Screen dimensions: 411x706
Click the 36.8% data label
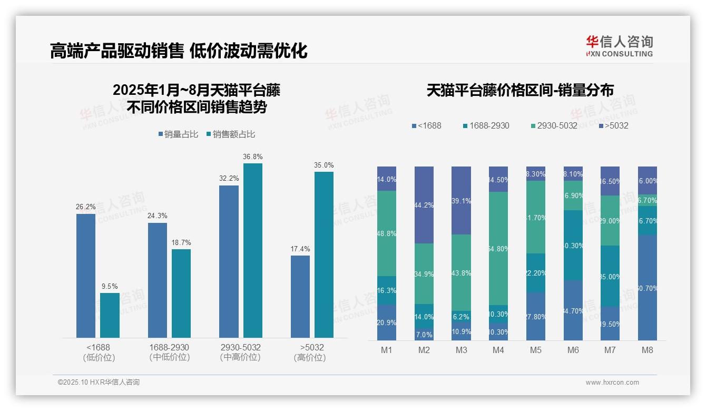[x=252, y=157]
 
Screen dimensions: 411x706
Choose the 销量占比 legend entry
[x=178, y=134]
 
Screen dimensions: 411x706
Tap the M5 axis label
[x=536, y=350]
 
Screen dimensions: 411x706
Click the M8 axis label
[x=648, y=350]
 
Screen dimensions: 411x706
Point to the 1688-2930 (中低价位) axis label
[x=169, y=353]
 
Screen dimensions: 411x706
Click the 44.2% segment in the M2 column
[x=424, y=205]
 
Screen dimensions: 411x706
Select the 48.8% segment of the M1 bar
[x=387, y=233]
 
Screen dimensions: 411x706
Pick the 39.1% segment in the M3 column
[x=461, y=201]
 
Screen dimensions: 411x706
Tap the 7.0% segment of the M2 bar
[x=424, y=335]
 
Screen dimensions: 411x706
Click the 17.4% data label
[x=300, y=249]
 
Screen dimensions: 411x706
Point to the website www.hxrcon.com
[x=612, y=383]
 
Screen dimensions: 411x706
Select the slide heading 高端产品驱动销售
[x=116, y=51]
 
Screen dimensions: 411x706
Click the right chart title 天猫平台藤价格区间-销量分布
[x=520, y=91]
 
